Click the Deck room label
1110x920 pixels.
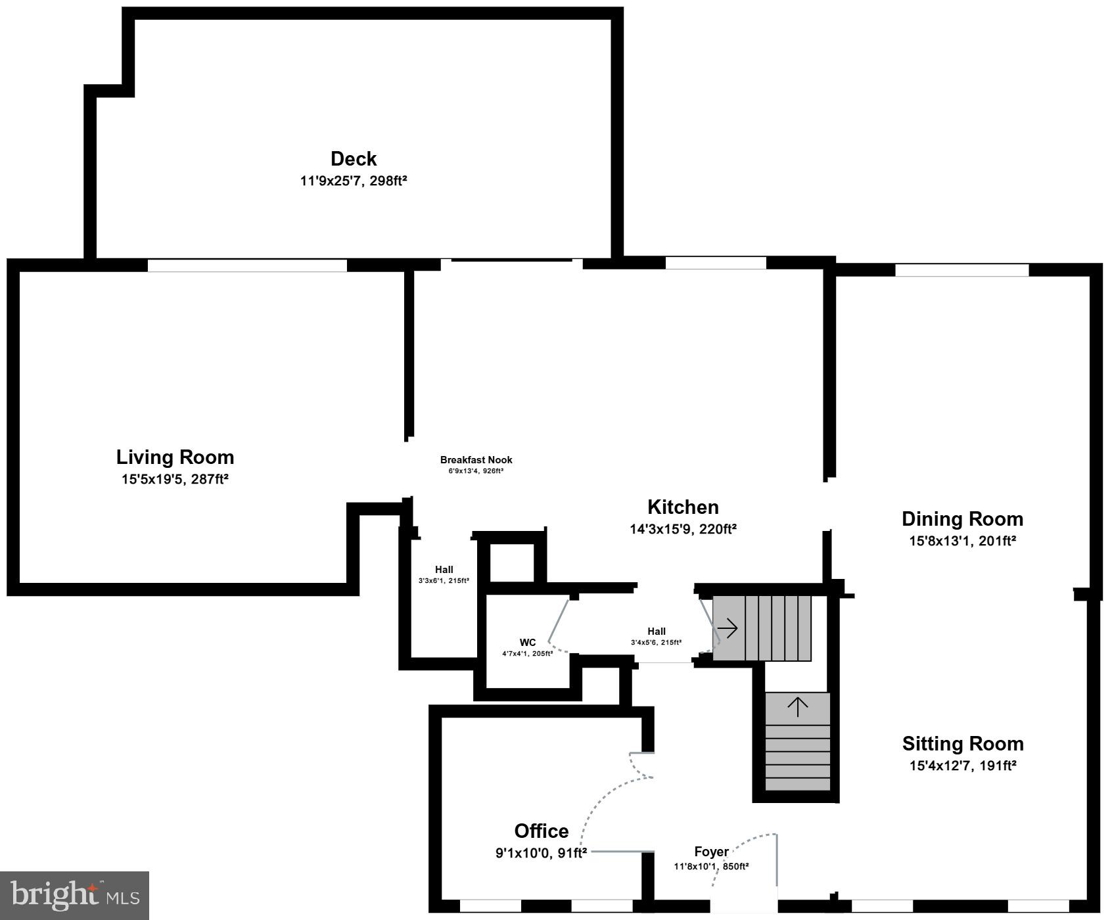coord(354,159)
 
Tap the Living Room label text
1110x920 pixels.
coord(175,457)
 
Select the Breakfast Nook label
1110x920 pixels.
coord(476,460)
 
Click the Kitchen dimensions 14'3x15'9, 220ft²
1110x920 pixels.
coord(683,529)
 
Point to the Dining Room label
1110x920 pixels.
coord(962,519)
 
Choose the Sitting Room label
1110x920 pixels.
coord(962,744)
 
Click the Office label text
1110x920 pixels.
coord(541,831)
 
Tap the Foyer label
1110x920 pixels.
coord(711,852)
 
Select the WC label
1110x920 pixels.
coord(527,643)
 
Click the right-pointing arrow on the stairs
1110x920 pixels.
coord(728,629)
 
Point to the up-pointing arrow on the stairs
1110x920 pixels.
coord(798,707)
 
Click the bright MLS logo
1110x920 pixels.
coord(75,896)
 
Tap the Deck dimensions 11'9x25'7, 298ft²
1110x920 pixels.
coord(354,181)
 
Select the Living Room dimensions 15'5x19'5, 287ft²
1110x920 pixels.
coord(175,479)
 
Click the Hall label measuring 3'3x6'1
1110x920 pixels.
coord(444,570)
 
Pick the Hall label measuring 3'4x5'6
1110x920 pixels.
coord(656,632)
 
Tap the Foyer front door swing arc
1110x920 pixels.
coord(743,848)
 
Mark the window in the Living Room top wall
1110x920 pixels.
coord(247,265)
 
